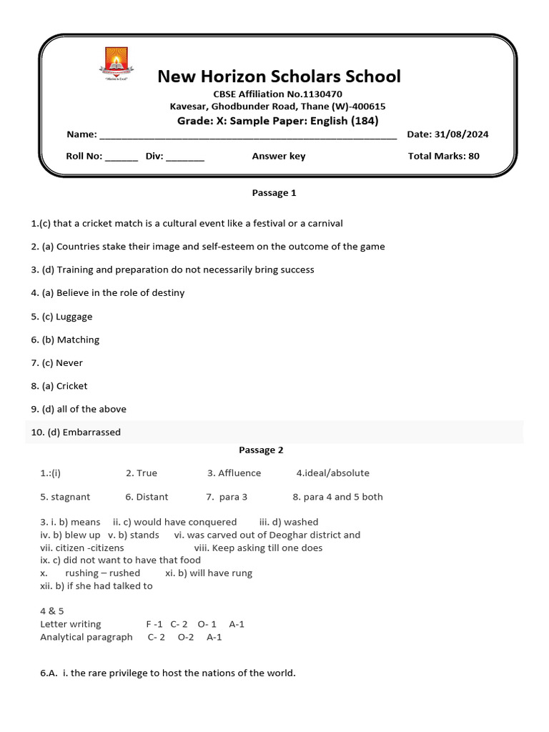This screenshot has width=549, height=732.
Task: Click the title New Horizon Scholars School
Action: pyautogui.click(x=279, y=76)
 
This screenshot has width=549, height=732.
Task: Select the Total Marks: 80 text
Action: pyautogui.click(x=443, y=156)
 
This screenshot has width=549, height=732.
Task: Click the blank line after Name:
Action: pyautogui.click(x=247, y=135)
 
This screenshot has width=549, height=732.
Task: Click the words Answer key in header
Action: pyautogui.click(x=278, y=156)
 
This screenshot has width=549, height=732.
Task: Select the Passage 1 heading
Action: pyautogui.click(x=274, y=193)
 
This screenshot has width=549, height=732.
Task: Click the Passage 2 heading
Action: pyautogui.click(x=261, y=450)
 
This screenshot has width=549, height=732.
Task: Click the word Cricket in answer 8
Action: pyautogui.click(x=72, y=386)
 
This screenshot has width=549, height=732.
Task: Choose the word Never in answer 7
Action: pyautogui.click(x=69, y=363)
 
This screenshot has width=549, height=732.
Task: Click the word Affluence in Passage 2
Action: pyautogui.click(x=239, y=473)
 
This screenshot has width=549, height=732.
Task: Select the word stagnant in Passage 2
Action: pyautogui.click(x=71, y=497)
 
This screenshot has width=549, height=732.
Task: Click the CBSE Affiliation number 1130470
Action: pyautogui.click(x=322, y=94)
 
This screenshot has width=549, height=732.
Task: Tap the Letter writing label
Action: pyautogui.click(x=71, y=624)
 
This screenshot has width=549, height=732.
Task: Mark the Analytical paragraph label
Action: pyautogui.click(x=86, y=637)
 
